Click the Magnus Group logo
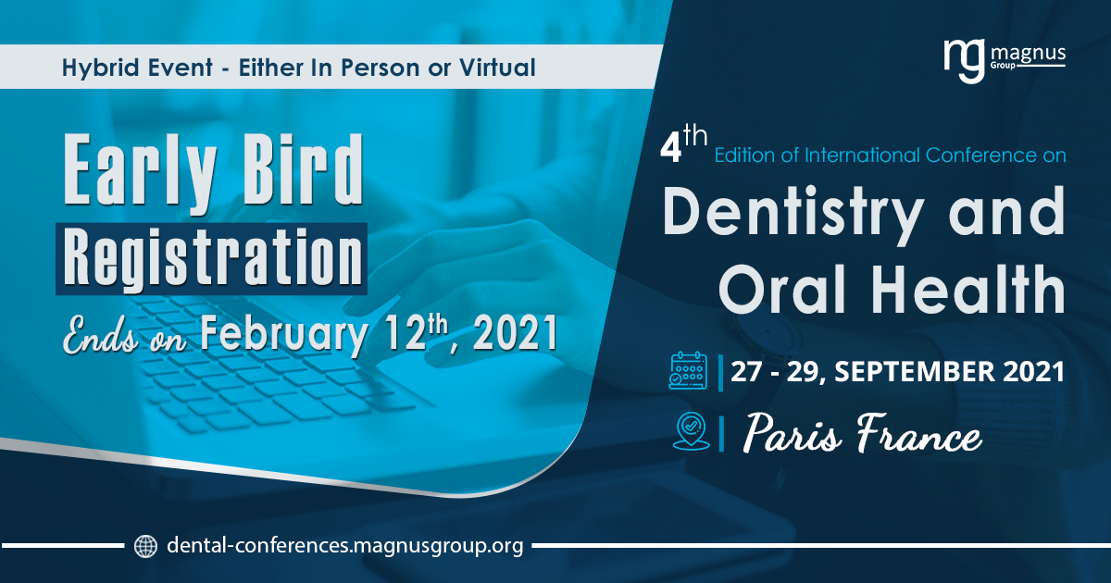coord(1005,60)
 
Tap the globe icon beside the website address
coord(146,546)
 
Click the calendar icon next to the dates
coord(688,370)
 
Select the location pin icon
coord(691,430)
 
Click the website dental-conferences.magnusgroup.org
coord(345,545)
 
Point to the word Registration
coord(213,259)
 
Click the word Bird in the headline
coord(304,169)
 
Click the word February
coord(284,334)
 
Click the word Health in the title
coord(968,289)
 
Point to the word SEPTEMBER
coord(914,371)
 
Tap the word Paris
coord(793,432)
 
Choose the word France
coord(919,433)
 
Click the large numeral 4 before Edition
coord(670,149)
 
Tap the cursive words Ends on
coord(124,336)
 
